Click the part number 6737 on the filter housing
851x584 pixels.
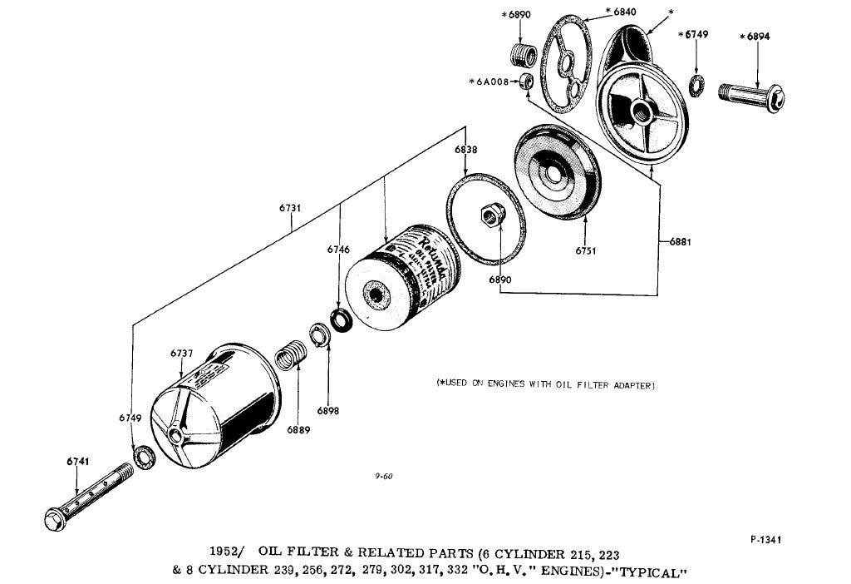pos(181,354)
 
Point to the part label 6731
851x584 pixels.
pos(290,208)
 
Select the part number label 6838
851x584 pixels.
pos(465,149)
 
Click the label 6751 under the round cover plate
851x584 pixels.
pos(587,250)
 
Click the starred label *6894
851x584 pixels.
pos(755,36)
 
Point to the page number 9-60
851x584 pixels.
pos(383,476)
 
